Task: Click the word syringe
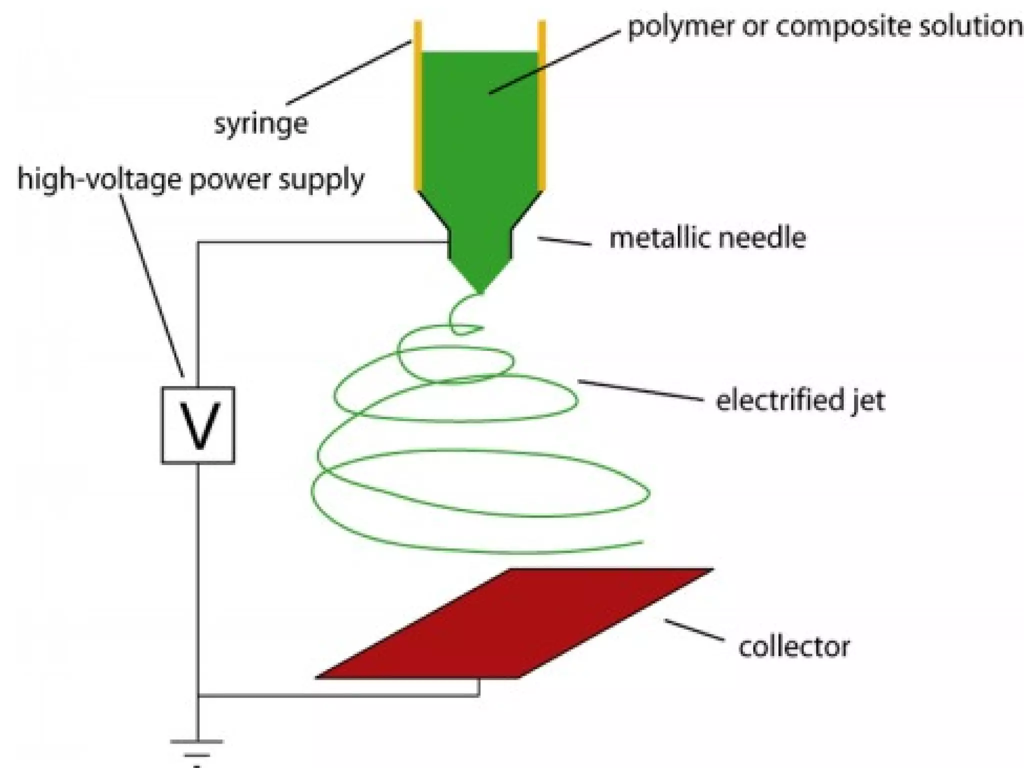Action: click(261, 124)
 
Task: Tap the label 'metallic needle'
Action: click(707, 238)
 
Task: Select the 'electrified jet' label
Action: click(800, 400)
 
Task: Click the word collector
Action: click(794, 646)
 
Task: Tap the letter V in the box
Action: click(198, 426)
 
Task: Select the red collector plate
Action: click(515, 625)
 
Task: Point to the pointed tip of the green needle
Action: click(480, 290)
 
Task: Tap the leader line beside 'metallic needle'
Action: click(564, 241)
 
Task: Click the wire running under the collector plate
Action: click(340, 695)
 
